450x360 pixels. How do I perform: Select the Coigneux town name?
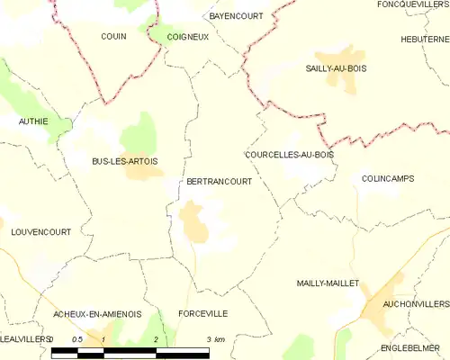tap(187, 38)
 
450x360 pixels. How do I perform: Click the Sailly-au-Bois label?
tap(336, 68)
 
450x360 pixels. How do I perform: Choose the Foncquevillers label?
tap(413, 4)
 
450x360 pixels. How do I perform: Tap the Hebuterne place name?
tap(426, 39)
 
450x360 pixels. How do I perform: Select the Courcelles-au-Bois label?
tap(289, 155)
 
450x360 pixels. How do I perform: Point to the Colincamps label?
tap(387, 178)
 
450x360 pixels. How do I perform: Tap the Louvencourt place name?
tap(40, 231)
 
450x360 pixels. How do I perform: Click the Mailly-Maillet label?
tap(328, 283)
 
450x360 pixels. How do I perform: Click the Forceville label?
tap(202, 313)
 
